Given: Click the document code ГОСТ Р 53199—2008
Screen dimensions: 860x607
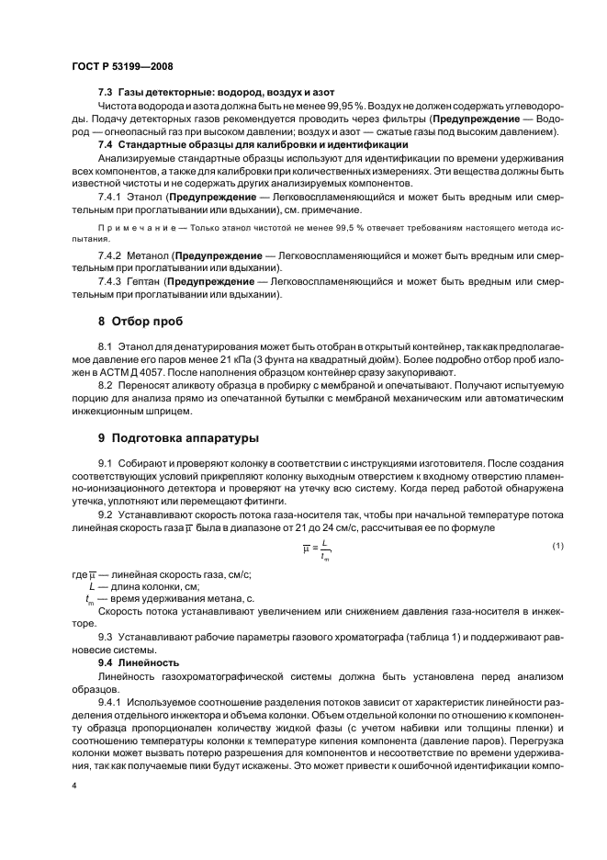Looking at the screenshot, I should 121,66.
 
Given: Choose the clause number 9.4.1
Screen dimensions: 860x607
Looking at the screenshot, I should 111,703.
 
